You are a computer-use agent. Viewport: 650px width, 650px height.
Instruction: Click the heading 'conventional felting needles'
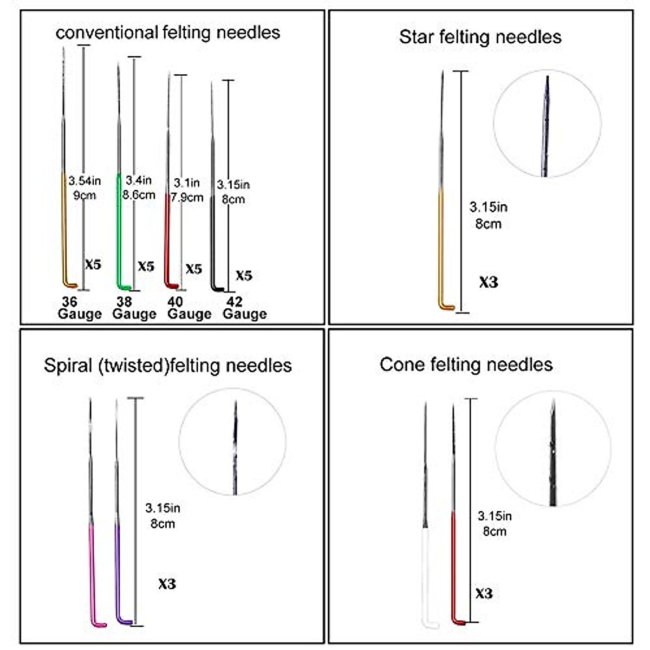(168, 32)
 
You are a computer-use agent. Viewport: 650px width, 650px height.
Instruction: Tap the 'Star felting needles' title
(480, 37)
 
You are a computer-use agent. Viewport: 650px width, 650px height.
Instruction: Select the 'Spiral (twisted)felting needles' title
(168, 365)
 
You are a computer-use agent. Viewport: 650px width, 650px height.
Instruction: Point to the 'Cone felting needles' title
(466, 364)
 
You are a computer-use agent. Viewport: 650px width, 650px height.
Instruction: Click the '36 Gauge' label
(79, 308)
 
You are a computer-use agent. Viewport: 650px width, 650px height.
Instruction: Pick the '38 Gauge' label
(134, 308)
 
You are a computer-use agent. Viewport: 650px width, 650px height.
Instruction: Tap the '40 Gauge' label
(188, 308)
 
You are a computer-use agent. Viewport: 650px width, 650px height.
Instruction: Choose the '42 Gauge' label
(244, 308)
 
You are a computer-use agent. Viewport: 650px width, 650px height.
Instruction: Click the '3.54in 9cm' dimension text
(84, 188)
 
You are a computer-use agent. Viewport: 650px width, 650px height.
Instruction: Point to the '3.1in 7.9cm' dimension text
(187, 190)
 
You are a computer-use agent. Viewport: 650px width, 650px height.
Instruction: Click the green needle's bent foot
(125, 287)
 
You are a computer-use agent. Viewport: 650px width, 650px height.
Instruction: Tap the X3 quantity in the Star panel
(488, 282)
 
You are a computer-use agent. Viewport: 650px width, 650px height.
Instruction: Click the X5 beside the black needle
(244, 275)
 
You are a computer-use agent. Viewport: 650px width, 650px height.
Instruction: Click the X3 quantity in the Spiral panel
(167, 584)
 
